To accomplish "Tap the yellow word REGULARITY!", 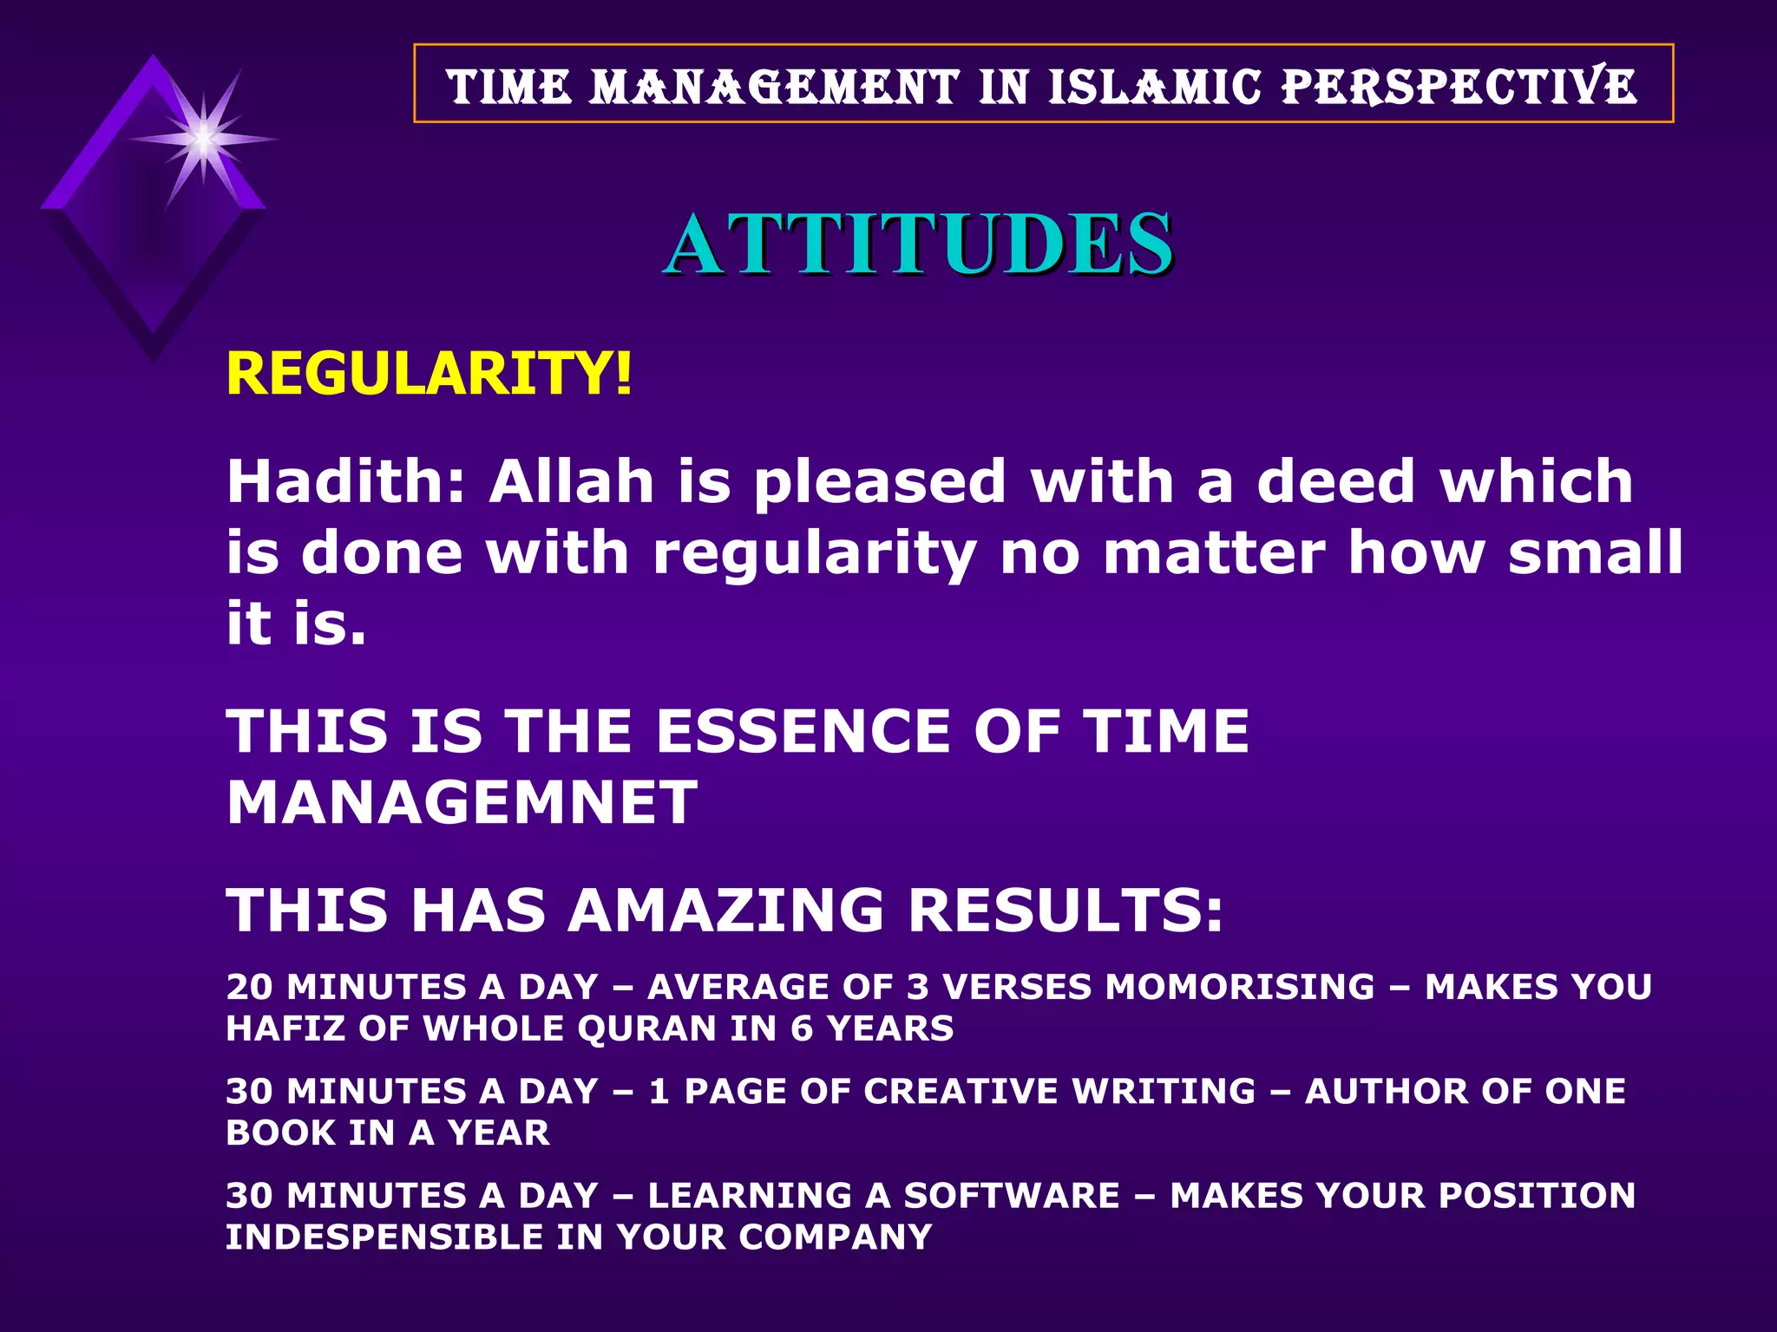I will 429,375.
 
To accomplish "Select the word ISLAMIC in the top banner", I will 1154,88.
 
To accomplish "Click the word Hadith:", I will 346,481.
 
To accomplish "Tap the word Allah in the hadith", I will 571,481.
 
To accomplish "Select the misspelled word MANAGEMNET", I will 462,802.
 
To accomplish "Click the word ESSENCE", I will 803,731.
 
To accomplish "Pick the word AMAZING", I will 725,911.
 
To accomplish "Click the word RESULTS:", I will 1066,911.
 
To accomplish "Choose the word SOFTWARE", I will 1012,1196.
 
